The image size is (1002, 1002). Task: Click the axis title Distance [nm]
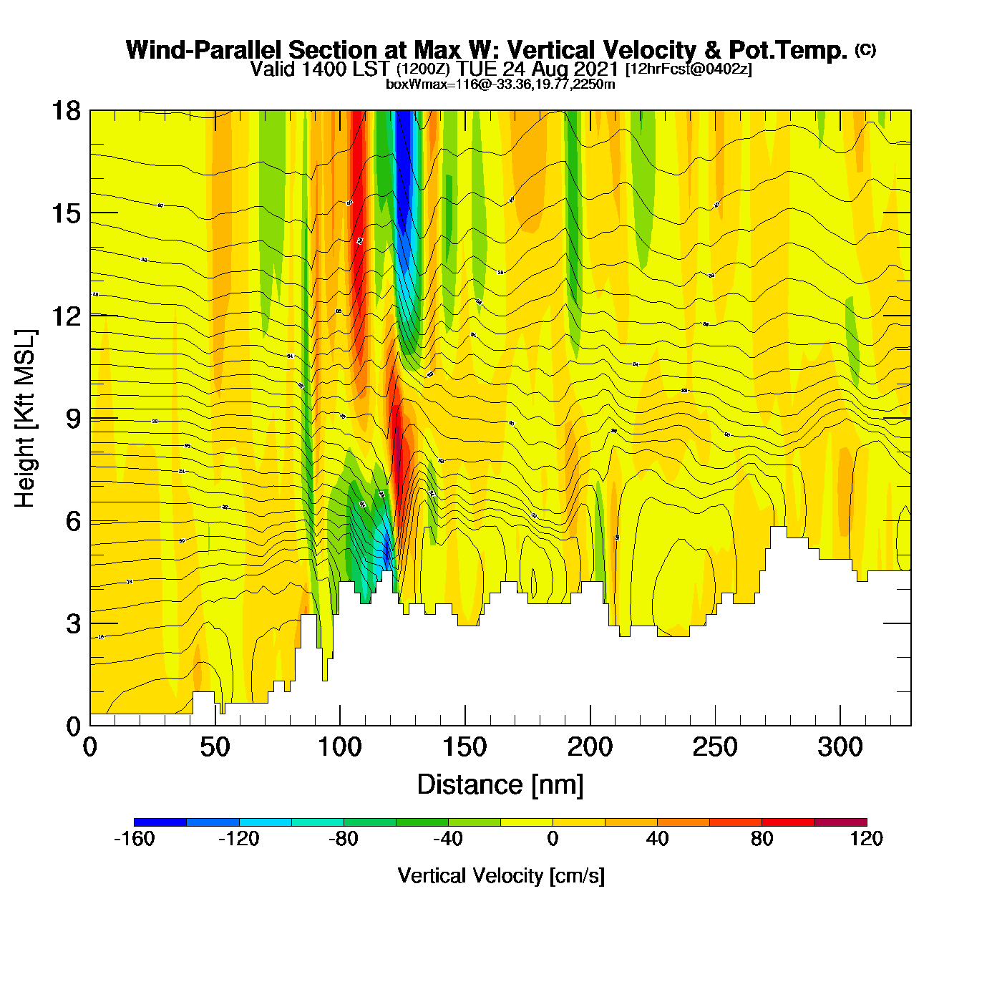(500, 785)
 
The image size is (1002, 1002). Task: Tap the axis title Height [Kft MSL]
(25, 419)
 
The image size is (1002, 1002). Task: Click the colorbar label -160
(134, 839)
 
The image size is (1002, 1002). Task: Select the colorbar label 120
(866, 839)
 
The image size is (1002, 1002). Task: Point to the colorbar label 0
(553, 839)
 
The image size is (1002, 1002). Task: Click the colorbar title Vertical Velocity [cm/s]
(501, 875)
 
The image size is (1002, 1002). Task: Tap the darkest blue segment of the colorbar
(160, 822)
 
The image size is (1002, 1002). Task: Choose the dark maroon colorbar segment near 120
(840, 822)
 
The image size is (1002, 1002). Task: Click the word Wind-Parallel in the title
(203, 50)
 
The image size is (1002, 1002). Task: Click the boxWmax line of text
(500, 84)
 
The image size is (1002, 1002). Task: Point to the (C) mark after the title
(865, 49)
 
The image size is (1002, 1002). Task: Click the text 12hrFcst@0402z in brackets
(689, 69)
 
